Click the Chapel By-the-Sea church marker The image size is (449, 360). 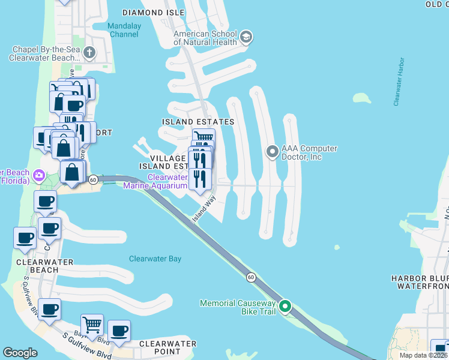click(89, 53)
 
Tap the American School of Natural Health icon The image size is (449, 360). click(245, 38)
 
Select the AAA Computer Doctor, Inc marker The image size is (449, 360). click(273, 151)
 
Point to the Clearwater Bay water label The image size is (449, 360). click(155, 259)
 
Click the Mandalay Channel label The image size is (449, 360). click(124, 30)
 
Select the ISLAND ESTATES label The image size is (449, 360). click(198, 122)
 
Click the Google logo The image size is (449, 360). click(20, 353)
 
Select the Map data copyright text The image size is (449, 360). click(423, 355)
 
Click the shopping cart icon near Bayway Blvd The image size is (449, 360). click(92, 325)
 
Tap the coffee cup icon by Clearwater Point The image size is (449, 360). click(119, 331)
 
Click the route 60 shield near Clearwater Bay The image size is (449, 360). click(251, 277)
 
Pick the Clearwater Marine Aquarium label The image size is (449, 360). click(155, 181)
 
